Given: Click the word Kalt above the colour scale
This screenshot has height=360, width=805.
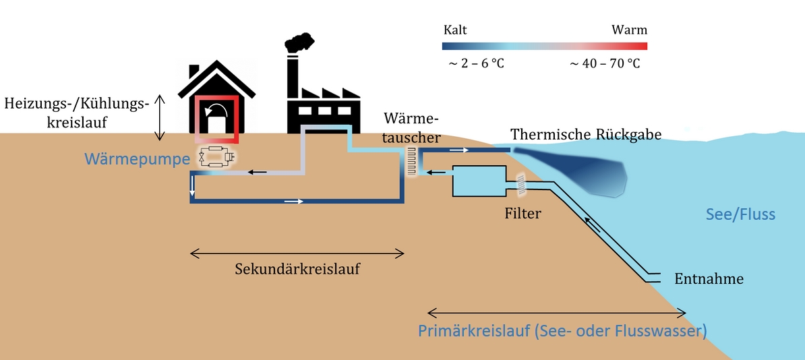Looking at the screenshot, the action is pyautogui.click(x=455, y=30).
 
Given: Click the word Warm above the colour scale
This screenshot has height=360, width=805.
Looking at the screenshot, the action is pyautogui.click(x=630, y=30).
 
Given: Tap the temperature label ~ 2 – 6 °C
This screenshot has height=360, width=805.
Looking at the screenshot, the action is pyautogui.click(x=477, y=64).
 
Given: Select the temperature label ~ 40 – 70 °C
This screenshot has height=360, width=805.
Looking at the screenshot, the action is pyautogui.click(x=605, y=64).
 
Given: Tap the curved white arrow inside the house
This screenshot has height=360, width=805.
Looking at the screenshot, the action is pyautogui.click(x=216, y=111).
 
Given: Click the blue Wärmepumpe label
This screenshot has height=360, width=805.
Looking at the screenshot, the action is pyautogui.click(x=138, y=159).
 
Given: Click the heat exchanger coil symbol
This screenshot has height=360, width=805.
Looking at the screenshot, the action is pyautogui.click(x=412, y=161).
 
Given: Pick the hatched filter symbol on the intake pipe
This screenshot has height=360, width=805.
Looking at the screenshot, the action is pyautogui.click(x=522, y=185).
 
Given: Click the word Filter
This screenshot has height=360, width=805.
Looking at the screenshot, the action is pyautogui.click(x=523, y=212).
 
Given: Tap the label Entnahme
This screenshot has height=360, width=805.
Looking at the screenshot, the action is pyautogui.click(x=709, y=279).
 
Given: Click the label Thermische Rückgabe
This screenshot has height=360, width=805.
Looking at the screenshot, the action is pyautogui.click(x=586, y=135).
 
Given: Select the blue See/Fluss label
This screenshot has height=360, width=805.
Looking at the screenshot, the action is pyautogui.click(x=740, y=214).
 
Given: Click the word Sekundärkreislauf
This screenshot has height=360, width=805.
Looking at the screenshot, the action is pyautogui.click(x=297, y=268).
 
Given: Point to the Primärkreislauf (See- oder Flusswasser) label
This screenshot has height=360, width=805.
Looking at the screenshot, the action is pyautogui.click(x=562, y=331).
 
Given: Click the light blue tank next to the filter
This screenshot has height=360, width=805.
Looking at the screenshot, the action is pyautogui.click(x=479, y=181).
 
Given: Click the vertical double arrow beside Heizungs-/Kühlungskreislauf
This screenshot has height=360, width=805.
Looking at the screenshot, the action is pyautogui.click(x=160, y=117).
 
